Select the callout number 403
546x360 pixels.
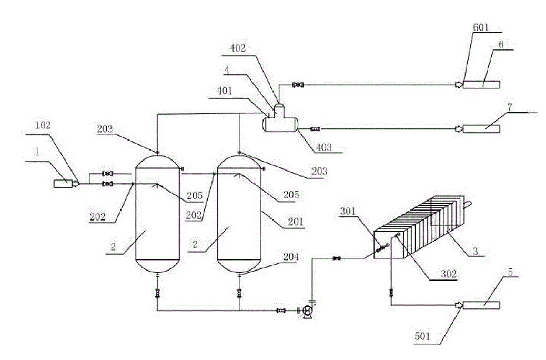324,148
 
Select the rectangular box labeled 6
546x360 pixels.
481,84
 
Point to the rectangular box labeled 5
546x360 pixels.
481,305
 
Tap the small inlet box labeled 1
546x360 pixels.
64,184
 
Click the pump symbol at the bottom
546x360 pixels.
307,312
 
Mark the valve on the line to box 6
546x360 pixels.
298,84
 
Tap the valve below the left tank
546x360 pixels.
158,293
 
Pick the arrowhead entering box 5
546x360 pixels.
459,305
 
